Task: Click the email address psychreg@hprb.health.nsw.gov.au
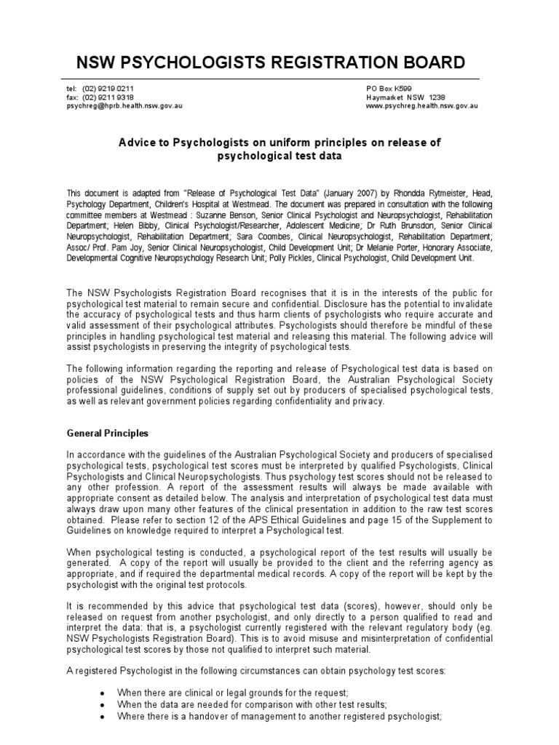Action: pyautogui.click(x=124, y=106)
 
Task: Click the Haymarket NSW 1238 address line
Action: pyautogui.click(x=405, y=97)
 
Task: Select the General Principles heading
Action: pyautogui.click(x=107, y=433)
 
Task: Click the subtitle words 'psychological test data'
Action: pyautogui.click(x=279, y=156)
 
